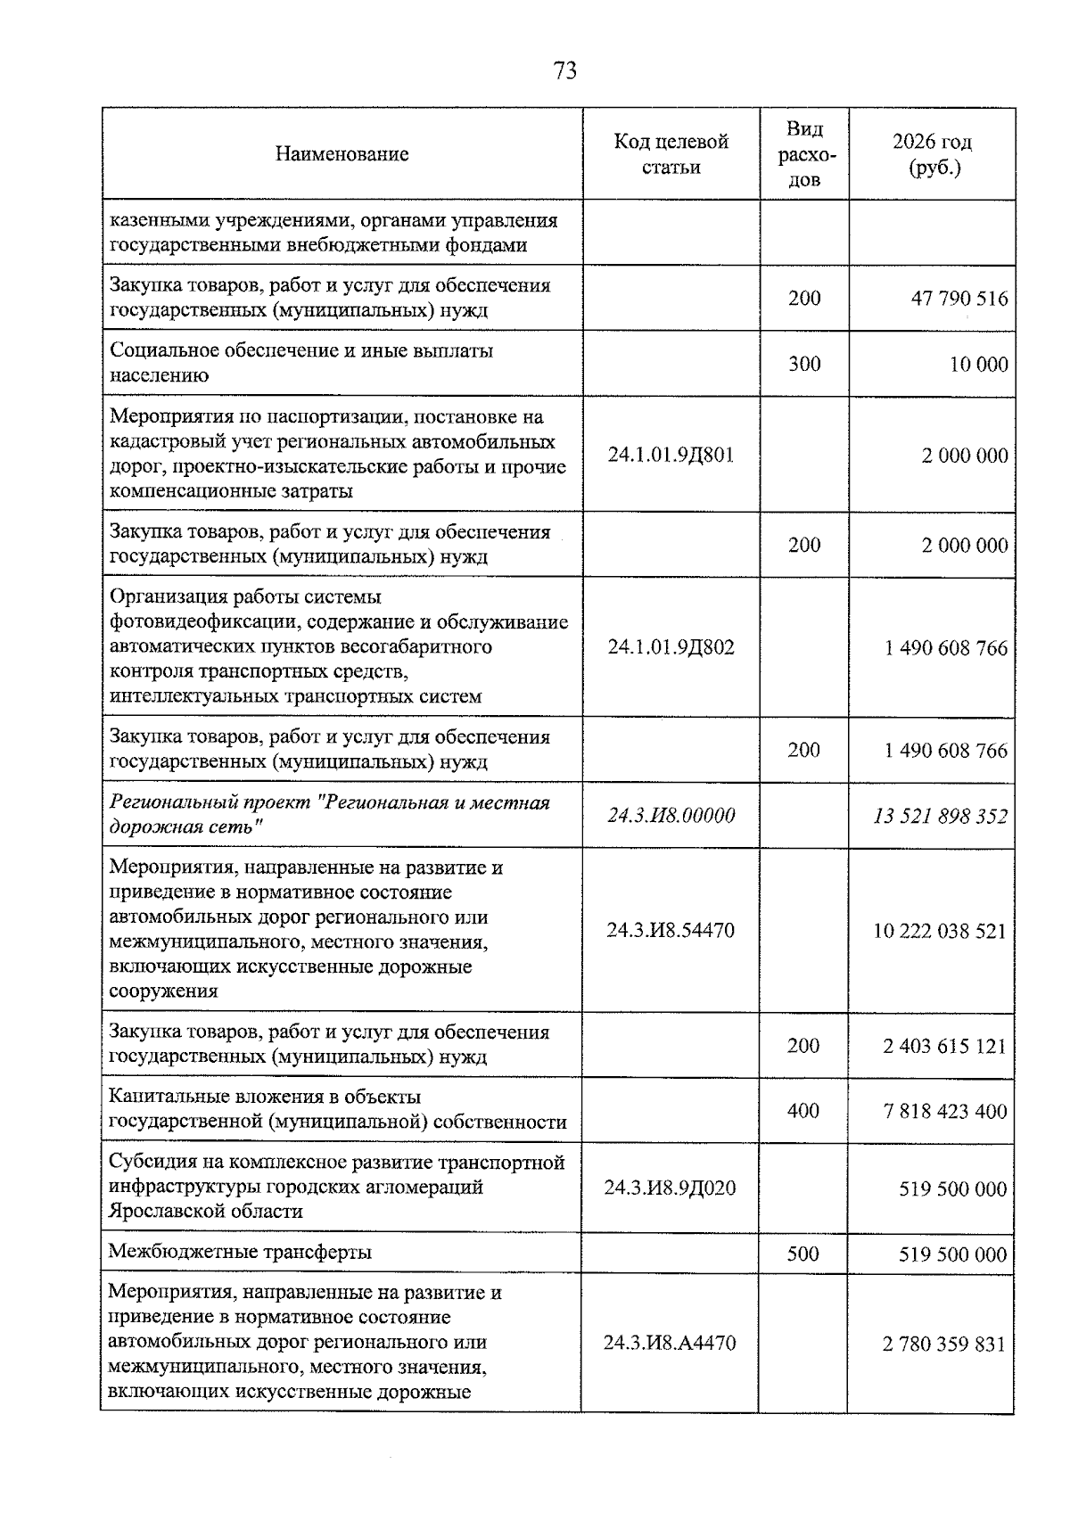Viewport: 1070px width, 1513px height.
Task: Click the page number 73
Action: (x=565, y=70)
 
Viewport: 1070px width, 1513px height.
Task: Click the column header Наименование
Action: (x=342, y=153)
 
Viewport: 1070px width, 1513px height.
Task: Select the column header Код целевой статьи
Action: (x=671, y=153)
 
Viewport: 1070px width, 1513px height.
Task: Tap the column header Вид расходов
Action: (x=804, y=154)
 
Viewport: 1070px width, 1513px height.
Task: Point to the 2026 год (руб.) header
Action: (x=933, y=154)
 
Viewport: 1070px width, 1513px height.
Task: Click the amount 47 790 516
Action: (x=959, y=298)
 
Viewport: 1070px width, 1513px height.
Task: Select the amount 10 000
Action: (x=978, y=364)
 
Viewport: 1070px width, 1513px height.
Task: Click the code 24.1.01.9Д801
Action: (x=671, y=455)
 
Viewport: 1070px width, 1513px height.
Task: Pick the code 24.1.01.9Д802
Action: (x=671, y=647)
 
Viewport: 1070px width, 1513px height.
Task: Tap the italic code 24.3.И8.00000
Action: (x=671, y=815)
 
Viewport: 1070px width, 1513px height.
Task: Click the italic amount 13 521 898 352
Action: (x=941, y=815)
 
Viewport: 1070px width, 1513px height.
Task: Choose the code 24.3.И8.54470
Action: (x=671, y=931)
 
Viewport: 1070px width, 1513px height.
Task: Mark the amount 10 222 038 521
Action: (x=940, y=931)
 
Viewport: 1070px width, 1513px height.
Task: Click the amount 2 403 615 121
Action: (x=945, y=1046)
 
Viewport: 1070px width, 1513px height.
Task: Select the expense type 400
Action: (x=803, y=1111)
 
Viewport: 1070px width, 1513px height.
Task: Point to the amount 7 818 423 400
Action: (x=945, y=1111)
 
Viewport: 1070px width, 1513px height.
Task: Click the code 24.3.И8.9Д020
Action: (x=670, y=1188)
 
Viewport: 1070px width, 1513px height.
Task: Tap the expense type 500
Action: (x=803, y=1254)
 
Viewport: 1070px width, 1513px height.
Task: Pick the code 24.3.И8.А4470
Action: (x=670, y=1343)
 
